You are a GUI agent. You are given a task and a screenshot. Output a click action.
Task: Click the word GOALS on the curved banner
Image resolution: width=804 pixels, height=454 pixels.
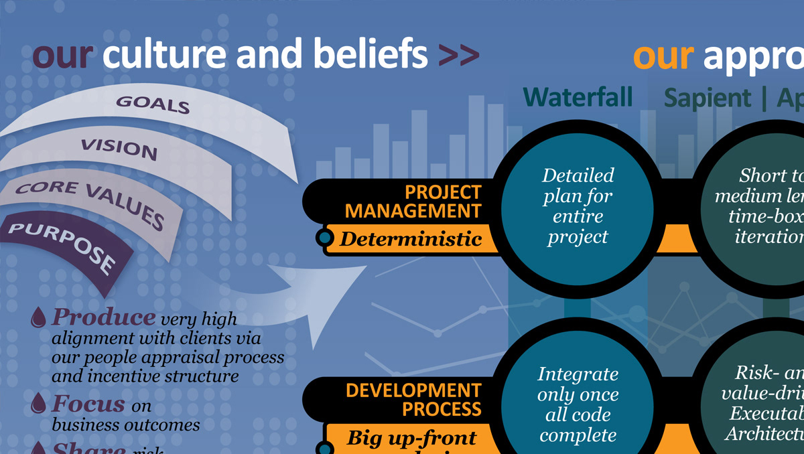pos(153,104)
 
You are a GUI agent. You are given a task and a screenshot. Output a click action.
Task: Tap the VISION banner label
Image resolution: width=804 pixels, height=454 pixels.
pos(119,148)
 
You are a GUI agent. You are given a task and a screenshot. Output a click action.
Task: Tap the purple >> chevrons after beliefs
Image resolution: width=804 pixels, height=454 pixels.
pos(459,56)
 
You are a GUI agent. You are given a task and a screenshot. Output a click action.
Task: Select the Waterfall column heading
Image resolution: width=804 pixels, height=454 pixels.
pos(578,98)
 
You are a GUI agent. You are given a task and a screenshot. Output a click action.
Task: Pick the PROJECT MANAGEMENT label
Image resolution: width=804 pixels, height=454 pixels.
pos(413,202)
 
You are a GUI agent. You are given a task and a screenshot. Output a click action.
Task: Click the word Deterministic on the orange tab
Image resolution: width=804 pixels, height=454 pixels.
pos(410,238)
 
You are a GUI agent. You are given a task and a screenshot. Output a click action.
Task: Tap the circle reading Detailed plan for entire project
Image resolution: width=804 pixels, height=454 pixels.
pos(578,206)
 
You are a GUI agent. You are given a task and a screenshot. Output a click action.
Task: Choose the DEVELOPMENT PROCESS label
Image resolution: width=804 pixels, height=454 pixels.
pos(413,399)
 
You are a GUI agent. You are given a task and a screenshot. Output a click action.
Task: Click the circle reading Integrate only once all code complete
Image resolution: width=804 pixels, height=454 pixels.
pos(578,404)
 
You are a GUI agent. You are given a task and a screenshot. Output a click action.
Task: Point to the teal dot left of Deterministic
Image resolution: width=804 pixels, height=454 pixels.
pos(325,237)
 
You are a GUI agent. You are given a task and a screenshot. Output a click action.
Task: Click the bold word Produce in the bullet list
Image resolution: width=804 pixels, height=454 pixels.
pos(103,317)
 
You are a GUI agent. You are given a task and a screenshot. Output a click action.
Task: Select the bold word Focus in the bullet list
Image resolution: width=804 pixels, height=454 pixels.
pos(88,404)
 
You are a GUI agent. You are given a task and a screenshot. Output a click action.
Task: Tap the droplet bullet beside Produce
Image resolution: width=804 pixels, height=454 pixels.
pos(39,317)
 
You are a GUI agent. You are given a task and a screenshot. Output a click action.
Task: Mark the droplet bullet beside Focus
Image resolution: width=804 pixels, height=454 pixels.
pos(39,402)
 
